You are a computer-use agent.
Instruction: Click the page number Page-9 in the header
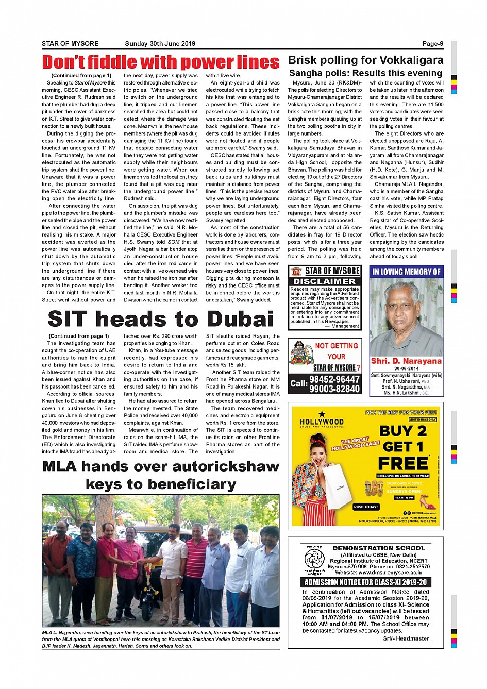tap(432, 44)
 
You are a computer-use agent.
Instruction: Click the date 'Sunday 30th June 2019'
tap(160, 44)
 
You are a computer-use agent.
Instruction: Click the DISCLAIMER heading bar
tap(324, 281)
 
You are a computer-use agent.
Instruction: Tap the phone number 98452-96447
tap(334, 380)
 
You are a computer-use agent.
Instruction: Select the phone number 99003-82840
tap(334, 389)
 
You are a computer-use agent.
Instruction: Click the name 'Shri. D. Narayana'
tap(406, 361)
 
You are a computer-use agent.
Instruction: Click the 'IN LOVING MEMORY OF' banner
tap(406, 272)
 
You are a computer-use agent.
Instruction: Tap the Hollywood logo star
tap(322, 414)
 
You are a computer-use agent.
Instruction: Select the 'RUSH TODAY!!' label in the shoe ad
tap(366, 507)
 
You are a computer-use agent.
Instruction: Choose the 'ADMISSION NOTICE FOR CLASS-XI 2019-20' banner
tap(365, 582)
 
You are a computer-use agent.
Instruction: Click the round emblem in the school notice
tap(314, 559)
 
